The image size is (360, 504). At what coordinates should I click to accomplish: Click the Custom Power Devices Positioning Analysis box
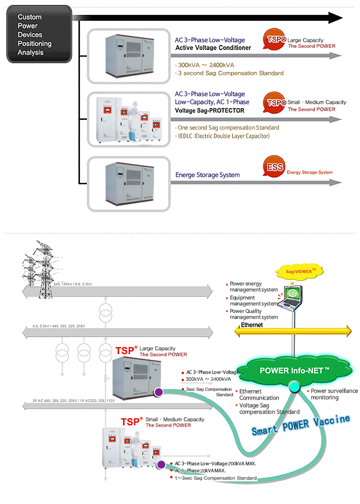click(x=39, y=34)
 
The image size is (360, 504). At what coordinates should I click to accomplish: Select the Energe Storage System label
click(x=207, y=175)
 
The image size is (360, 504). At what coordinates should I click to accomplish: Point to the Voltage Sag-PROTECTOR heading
click(x=209, y=110)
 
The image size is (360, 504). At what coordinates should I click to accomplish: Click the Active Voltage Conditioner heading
click(x=213, y=48)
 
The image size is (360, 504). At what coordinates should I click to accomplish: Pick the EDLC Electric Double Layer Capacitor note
click(x=223, y=136)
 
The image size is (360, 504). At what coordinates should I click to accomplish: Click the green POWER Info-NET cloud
click(x=294, y=371)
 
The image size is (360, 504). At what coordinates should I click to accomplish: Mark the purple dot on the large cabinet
click(x=158, y=393)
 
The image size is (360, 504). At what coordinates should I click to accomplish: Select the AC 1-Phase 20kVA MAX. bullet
click(x=200, y=471)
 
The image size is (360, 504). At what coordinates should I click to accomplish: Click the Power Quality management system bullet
click(x=253, y=314)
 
